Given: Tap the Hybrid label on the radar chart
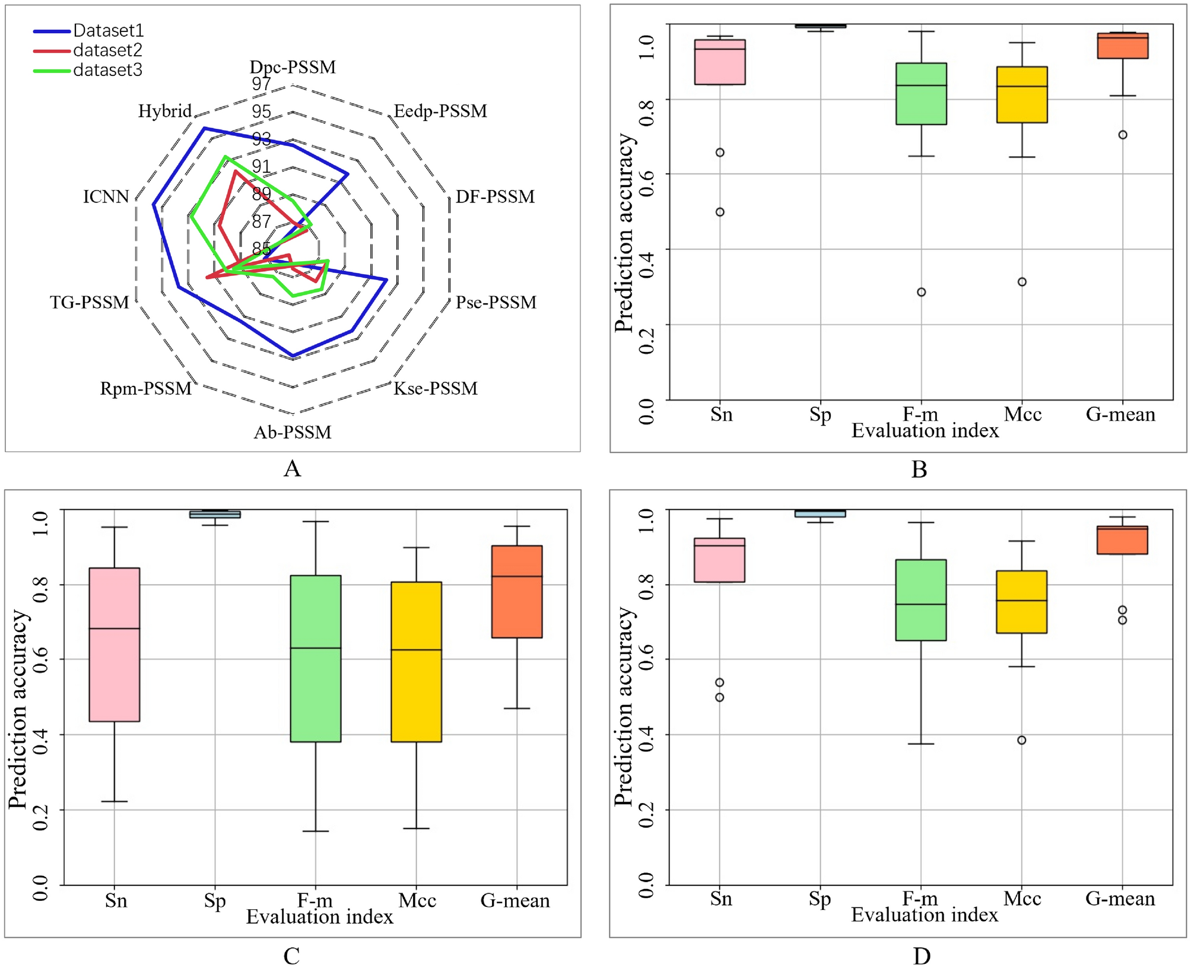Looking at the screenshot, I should (164, 111).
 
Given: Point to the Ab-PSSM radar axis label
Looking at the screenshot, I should (293, 432).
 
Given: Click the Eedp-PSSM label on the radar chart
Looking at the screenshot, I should (440, 111).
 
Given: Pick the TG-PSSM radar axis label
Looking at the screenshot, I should (90, 302).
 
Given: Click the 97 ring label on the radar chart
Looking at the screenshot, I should (261, 84).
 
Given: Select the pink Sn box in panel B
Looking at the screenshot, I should (720, 62).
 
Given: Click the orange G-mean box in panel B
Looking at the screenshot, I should (1122, 46).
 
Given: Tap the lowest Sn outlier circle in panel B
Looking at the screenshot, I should (720, 212).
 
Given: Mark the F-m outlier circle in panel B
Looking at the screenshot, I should (921, 292).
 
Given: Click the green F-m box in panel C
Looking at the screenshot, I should (316, 658).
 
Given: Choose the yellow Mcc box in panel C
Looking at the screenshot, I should (417, 662).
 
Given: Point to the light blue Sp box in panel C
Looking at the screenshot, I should (215, 514).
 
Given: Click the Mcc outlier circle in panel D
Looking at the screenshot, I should (1022, 740).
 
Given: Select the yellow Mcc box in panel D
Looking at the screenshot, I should (1022, 602).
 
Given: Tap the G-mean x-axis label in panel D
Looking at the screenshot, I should (1120, 899).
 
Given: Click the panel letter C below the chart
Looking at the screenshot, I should (291, 956).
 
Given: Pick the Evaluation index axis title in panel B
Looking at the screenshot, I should (925, 430).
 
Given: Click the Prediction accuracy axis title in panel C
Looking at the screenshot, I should (18, 709).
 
